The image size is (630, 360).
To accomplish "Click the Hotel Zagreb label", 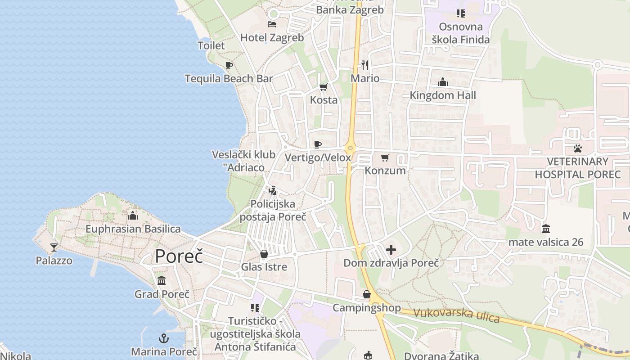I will [x=272, y=37].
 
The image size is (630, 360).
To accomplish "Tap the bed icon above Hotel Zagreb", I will [x=272, y=24].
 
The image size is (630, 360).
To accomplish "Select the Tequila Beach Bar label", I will [x=229, y=78].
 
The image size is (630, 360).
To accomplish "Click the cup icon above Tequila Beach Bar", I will [x=229, y=65].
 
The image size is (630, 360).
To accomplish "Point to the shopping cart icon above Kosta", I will [x=323, y=87].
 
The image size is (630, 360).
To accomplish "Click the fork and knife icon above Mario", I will [x=365, y=65].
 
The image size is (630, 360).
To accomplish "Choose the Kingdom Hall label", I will [x=443, y=95].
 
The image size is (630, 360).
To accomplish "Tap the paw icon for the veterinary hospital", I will [x=577, y=148].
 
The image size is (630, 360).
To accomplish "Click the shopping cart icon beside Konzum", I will [x=385, y=157].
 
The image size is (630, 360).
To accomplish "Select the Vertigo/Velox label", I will [x=318, y=157].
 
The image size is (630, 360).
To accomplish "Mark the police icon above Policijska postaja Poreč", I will [x=272, y=190].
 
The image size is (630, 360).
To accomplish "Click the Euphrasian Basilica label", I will [x=133, y=229].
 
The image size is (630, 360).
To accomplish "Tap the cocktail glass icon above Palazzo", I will [x=54, y=247].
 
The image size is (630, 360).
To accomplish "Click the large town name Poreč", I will [x=179, y=256].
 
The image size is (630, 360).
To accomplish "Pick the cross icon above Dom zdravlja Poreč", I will [x=391, y=249].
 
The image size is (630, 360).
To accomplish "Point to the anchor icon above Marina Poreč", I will [x=164, y=338].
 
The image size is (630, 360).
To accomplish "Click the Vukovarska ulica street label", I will [x=456, y=315].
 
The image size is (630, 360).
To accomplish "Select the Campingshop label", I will [x=367, y=308].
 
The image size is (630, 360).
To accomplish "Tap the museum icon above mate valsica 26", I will [x=546, y=229].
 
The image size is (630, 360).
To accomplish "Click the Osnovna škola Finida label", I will [x=461, y=33].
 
